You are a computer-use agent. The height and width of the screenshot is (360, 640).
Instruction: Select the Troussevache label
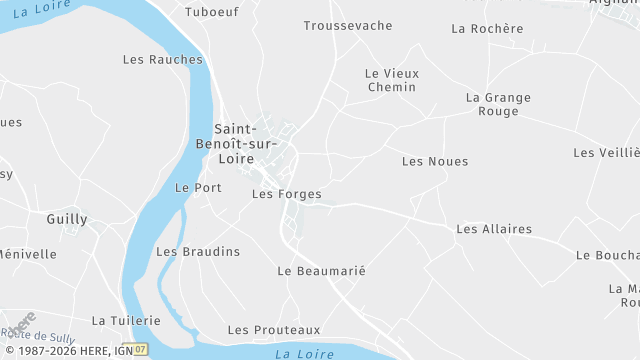pos(348,25)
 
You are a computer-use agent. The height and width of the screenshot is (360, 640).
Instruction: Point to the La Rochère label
pos(487,28)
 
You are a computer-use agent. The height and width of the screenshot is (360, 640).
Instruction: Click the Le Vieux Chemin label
pos(392,80)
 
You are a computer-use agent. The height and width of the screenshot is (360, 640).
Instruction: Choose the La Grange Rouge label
pos(499,104)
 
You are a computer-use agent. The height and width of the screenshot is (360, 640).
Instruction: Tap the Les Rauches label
pos(162,59)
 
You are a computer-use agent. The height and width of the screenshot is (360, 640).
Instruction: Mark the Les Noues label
pos(435,161)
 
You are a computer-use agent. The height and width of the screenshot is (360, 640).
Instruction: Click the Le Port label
pos(198,187)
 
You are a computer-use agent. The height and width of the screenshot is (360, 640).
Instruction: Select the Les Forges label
pos(287,194)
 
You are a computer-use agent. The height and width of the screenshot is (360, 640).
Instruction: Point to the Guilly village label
pos(67,218)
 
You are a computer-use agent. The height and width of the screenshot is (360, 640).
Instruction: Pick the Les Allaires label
pos(494,229)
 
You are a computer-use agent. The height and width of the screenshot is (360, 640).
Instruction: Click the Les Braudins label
pos(198,251)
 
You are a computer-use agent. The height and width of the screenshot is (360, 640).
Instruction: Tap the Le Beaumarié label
pos(322,271)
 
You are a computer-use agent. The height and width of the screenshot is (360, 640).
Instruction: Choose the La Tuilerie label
pos(126,320)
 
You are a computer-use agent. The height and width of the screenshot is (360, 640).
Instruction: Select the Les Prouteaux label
pos(274,329)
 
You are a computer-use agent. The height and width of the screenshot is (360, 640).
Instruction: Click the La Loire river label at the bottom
pos(304,353)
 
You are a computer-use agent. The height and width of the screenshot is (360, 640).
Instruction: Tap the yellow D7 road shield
pos(141,350)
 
